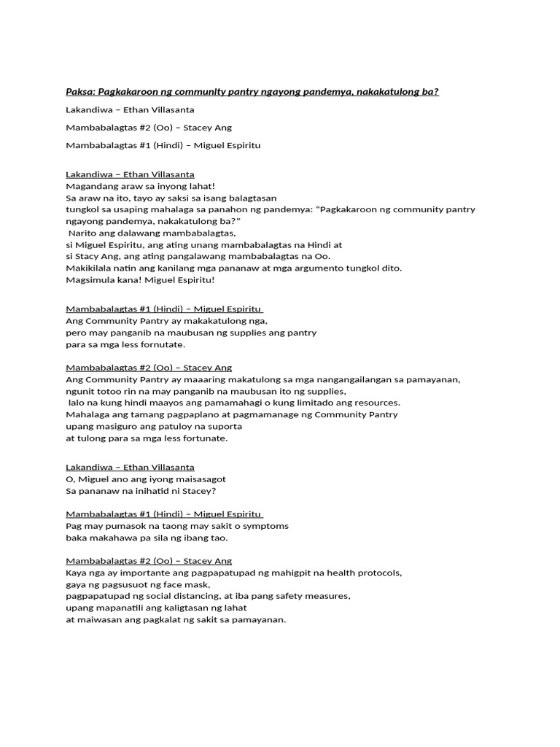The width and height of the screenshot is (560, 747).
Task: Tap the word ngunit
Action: tap(80, 391)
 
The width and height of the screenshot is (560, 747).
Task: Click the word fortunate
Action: tap(205, 438)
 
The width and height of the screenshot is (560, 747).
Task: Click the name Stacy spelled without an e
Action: tap(86, 256)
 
